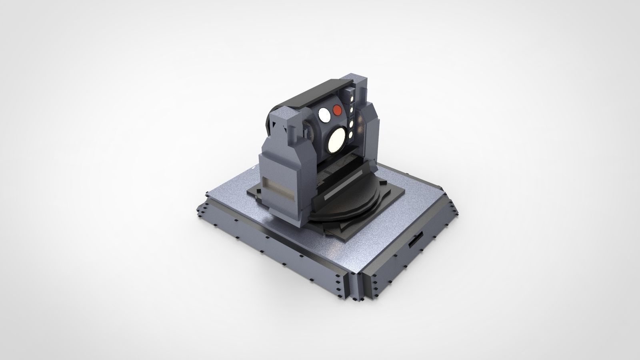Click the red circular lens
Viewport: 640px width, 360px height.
(x=337, y=110)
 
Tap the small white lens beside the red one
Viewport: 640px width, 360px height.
(x=324, y=116)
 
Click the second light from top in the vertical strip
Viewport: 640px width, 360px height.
(x=352, y=109)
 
